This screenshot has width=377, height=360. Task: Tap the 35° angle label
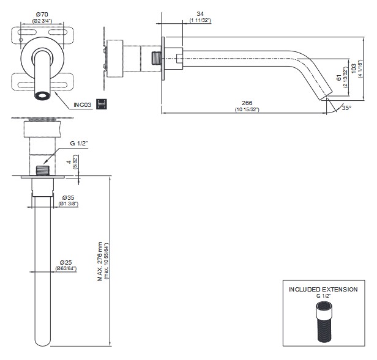pyautogui.click(x=346, y=108)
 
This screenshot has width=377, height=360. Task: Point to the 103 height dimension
pyautogui.click(x=353, y=64)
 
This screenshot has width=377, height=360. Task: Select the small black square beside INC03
pyautogui.click(x=102, y=104)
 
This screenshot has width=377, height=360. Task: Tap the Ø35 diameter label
pyautogui.click(x=69, y=197)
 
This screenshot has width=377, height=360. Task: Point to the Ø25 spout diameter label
pyautogui.click(x=67, y=262)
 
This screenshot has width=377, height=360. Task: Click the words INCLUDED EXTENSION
pyautogui.click(x=323, y=289)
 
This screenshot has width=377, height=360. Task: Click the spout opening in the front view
pyautogui.click(x=43, y=96)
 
